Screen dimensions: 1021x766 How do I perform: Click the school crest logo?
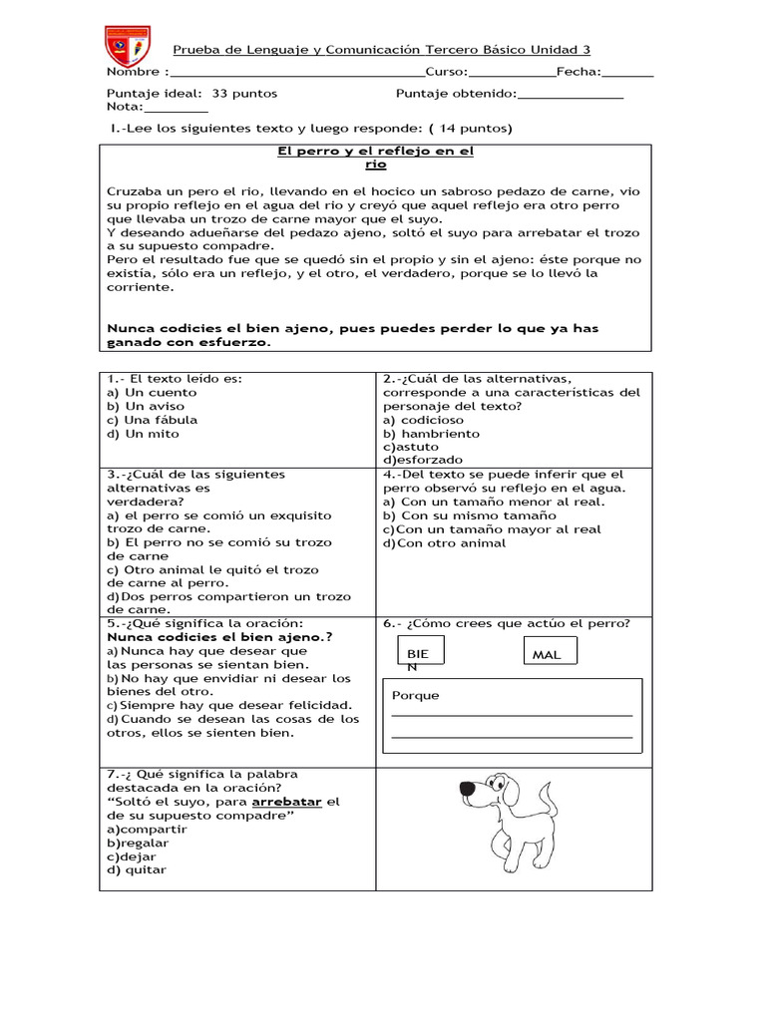[127, 48]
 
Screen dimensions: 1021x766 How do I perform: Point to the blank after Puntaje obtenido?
[571, 96]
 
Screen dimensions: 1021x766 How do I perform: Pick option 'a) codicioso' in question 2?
[424, 420]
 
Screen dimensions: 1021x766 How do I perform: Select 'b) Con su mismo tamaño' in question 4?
[470, 515]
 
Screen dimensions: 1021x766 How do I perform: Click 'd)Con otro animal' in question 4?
[445, 543]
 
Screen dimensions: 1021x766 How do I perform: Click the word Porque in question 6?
[415, 696]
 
